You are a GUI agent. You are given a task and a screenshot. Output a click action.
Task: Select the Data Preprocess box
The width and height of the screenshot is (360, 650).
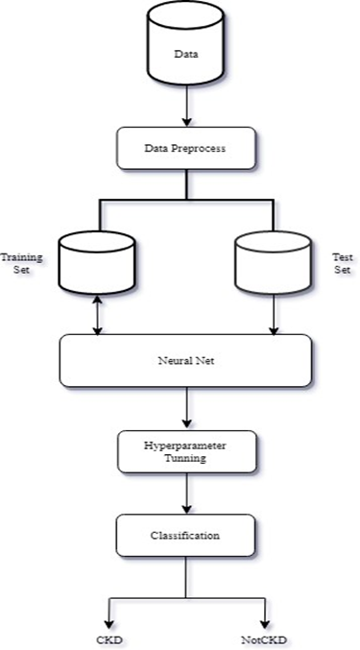click(185, 149)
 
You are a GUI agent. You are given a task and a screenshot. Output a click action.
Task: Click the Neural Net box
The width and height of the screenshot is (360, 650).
click(185, 360)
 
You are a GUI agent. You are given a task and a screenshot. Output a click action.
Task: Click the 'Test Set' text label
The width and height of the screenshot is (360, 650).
click(343, 264)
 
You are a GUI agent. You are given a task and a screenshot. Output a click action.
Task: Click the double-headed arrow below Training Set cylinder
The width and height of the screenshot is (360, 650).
click(96, 314)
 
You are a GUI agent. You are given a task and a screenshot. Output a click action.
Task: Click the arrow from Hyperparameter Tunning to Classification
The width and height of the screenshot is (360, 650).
click(185, 494)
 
